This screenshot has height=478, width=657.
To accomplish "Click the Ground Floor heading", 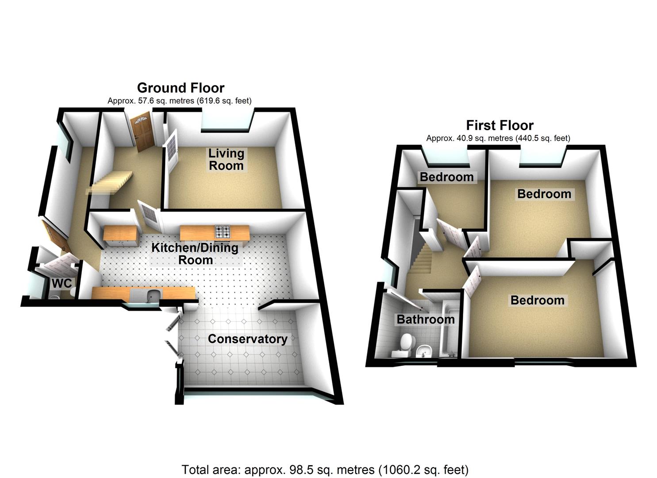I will (x=181, y=88).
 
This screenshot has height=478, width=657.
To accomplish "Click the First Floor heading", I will (x=499, y=125).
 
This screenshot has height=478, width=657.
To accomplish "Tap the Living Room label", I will (x=226, y=159).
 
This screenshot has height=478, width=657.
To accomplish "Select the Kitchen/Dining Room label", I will (x=195, y=254).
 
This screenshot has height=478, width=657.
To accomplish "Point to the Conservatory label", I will (x=247, y=339).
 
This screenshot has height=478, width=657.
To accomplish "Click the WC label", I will (x=62, y=283).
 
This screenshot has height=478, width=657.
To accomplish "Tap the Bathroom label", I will (x=425, y=319).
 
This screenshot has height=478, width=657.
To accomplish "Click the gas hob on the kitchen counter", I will (x=222, y=231).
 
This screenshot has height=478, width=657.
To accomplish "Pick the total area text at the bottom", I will (x=325, y=469).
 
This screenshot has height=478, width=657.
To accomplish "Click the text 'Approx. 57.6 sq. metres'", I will (x=150, y=101).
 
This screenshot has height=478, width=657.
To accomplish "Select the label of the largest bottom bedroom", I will (x=537, y=300).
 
